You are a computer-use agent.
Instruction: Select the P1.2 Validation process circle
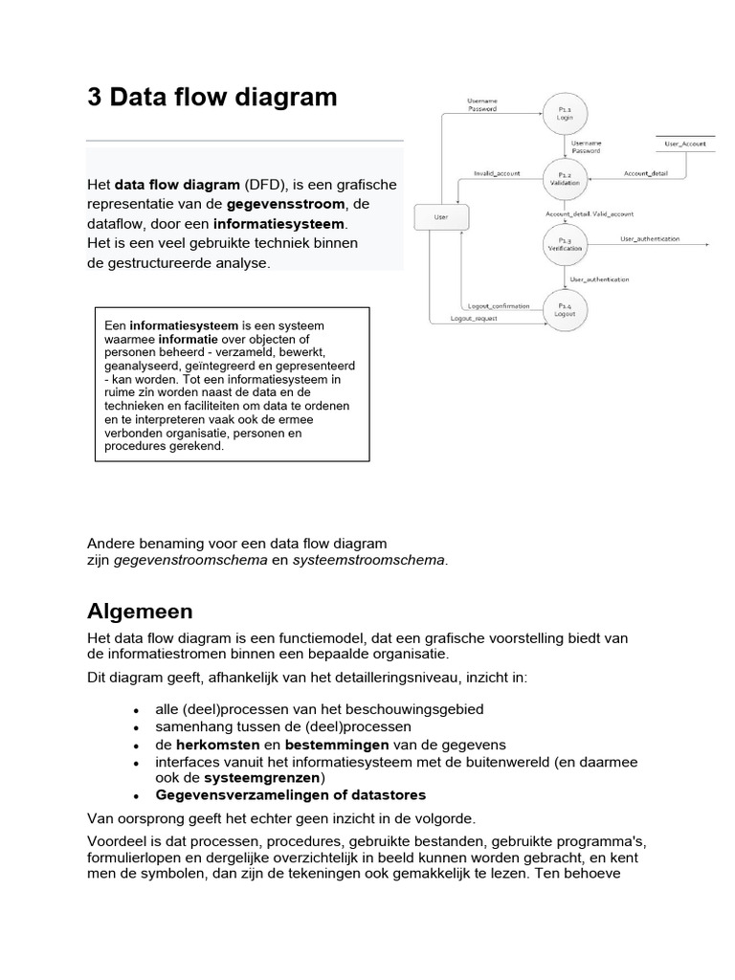point(565,179)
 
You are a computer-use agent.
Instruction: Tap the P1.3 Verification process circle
point(565,244)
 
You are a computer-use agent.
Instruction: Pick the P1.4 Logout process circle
point(565,309)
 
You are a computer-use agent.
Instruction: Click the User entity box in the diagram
point(440,217)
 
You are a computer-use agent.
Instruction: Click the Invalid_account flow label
point(497,173)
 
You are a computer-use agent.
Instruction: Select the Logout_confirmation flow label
point(504,305)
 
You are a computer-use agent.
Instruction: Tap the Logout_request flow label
point(474,318)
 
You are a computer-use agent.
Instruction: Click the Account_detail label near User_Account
point(646,173)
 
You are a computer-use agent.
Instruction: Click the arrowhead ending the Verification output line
point(706,244)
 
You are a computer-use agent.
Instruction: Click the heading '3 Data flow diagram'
point(212,97)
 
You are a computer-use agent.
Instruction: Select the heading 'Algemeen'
point(140,612)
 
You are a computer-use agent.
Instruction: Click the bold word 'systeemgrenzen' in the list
point(255,777)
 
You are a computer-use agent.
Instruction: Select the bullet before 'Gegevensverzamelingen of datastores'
point(138,796)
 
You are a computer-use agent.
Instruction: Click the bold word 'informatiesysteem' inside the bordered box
point(184,325)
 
